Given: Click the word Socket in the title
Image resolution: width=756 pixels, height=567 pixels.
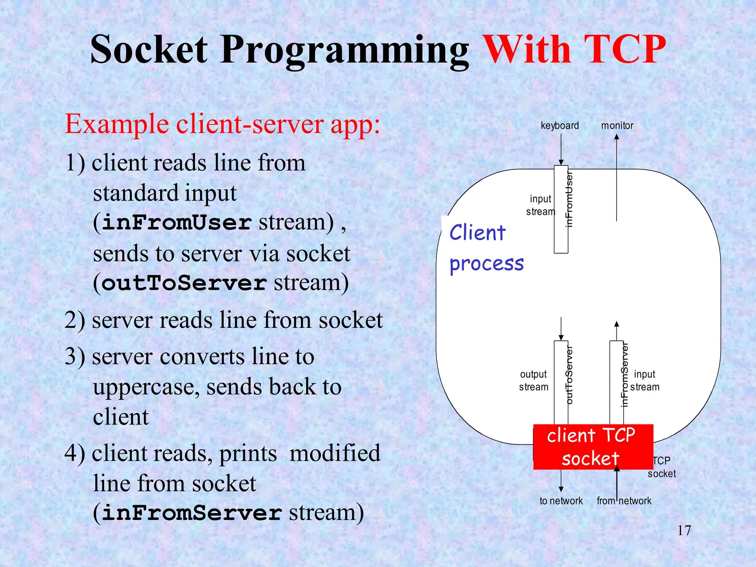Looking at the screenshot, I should pyautogui.click(x=149, y=50).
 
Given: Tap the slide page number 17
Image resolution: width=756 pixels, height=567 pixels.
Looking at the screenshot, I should pyautogui.click(x=684, y=530).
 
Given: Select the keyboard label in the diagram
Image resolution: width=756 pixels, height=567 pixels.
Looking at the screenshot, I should pyautogui.click(x=560, y=126).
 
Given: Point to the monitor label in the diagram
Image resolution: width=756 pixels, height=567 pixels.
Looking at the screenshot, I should pyautogui.click(x=617, y=126).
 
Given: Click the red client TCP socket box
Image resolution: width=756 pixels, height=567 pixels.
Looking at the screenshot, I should pyautogui.click(x=593, y=447).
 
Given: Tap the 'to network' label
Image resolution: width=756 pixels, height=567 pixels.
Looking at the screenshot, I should pyautogui.click(x=561, y=501).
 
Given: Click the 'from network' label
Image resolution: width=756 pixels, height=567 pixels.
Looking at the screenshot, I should pyautogui.click(x=624, y=501).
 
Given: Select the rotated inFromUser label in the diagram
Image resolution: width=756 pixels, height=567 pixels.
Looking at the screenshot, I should pyautogui.click(x=569, y=199).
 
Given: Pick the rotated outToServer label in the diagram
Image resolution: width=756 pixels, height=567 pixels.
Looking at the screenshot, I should pyautogui.click(x=569, y=375).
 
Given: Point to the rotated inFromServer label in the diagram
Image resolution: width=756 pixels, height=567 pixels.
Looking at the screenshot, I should pyautogui.click(x=624, y=375).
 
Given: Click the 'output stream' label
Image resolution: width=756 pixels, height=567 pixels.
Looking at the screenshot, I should pyautogui.click(x=533, y=381).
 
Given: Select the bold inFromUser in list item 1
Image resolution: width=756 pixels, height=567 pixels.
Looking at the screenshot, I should pyautogui.click(x=177, y=223).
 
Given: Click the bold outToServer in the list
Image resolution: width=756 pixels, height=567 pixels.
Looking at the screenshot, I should pyautogui.click(x=184, y=283).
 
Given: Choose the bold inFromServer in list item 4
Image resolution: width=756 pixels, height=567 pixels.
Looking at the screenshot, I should pyautogui.click(x=192, y=513).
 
